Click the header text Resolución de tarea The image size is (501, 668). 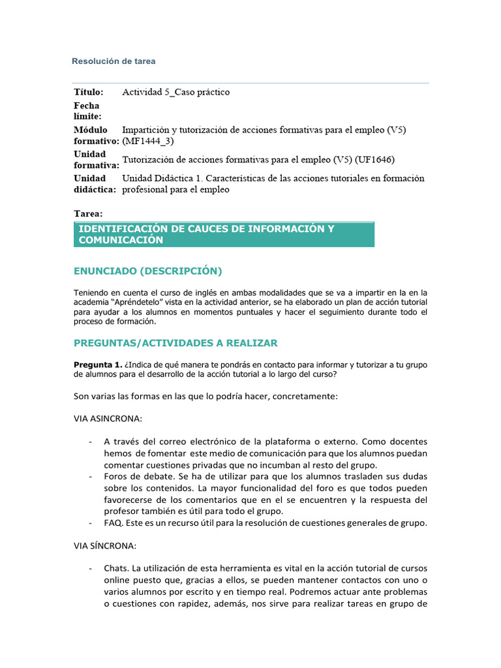point(114,61)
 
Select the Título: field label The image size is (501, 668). point(88,93)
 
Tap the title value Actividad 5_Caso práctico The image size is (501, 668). point(176,93)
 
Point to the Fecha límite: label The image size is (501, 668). point(87,111)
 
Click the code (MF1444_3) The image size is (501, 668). point(148,141)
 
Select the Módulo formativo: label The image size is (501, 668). point(95,136)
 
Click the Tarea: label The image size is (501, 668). point(88,213)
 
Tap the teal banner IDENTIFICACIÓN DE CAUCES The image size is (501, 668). point(224,234)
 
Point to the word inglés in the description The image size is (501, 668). point(189,293)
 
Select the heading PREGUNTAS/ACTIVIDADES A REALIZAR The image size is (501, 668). point(175,342)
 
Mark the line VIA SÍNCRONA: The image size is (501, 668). point(104,545)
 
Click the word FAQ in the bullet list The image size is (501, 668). point(113,523)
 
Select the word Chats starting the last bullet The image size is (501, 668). point(117,569)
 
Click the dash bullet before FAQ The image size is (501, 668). point(90,523)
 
